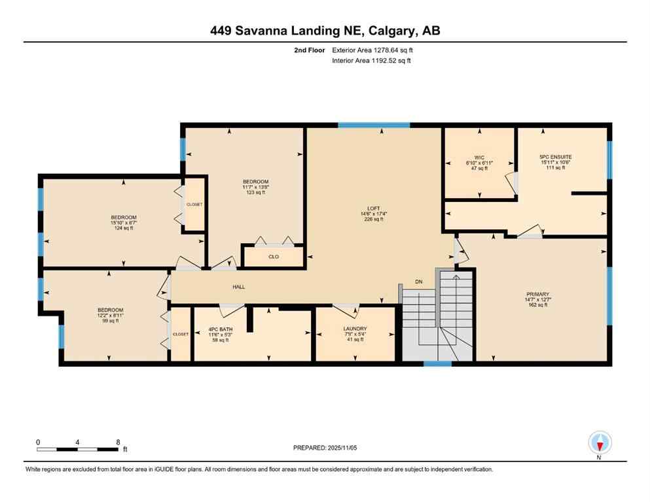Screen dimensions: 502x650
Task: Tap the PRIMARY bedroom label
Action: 537,294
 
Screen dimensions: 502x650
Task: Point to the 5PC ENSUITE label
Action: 555,157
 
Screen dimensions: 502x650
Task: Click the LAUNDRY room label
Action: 355,329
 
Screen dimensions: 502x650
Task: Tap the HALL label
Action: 239,287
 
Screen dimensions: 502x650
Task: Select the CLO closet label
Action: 274,256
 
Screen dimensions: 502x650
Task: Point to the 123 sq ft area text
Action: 255,193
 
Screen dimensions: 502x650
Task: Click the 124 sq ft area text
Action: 123,229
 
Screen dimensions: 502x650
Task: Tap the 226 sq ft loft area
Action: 372,220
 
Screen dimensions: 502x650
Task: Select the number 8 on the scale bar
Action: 118,442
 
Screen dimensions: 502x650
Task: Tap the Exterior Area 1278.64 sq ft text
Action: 371,49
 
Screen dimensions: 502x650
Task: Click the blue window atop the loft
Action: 374,125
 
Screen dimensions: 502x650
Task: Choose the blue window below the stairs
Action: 437,363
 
